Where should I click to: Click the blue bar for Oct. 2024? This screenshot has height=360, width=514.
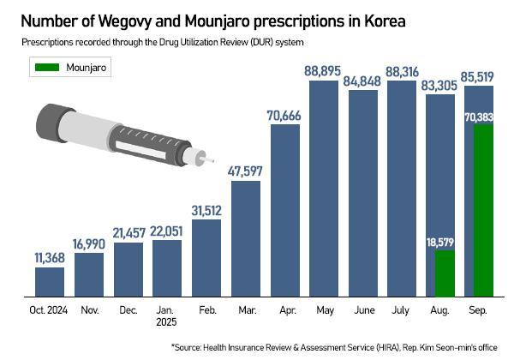[50, 282]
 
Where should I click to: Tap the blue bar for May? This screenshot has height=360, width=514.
[325, 189]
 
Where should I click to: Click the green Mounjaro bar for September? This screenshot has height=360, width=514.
[482, 211]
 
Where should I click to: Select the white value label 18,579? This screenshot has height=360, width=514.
[443, 243]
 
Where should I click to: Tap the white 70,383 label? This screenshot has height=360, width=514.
[482, 117]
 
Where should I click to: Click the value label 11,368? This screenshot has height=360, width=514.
[50, 257]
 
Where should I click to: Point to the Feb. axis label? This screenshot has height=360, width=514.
[206, 311]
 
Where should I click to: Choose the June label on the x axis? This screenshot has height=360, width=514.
[363, 311]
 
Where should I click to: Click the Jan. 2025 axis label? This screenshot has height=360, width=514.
[167, 317]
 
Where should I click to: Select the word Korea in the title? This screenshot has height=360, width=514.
[381, 19]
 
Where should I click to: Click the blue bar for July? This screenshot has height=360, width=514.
[403, 189]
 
